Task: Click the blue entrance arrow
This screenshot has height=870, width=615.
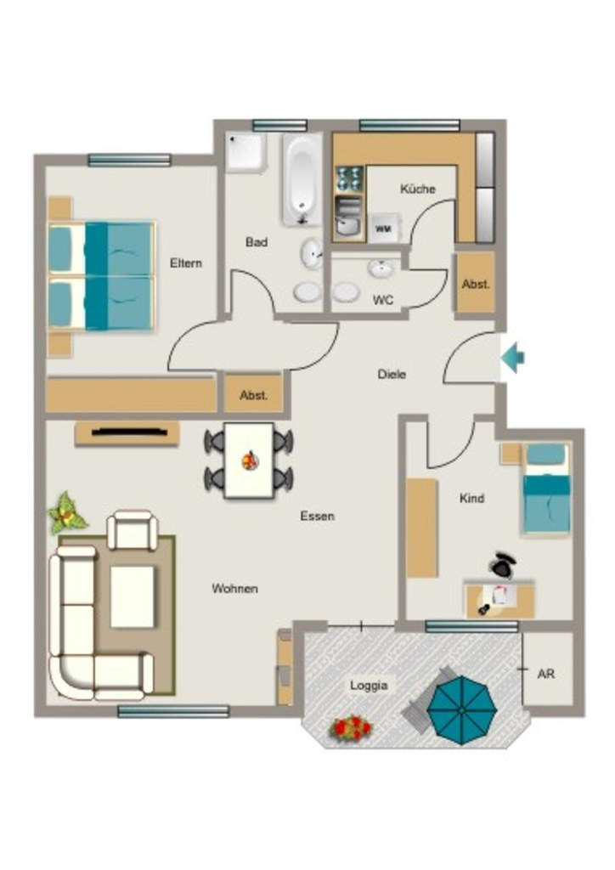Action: coord(512,358)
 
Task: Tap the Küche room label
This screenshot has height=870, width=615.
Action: coord(418,189)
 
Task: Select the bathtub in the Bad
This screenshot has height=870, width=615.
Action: coord(302,178)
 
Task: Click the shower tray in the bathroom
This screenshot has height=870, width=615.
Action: coord(246,152)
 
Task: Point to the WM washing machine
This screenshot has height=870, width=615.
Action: coord(384,228)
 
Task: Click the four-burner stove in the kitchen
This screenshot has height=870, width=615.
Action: coord(349,178)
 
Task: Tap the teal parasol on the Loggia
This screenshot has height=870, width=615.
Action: coord(461,709)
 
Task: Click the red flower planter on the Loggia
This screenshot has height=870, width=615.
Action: coord(351,727)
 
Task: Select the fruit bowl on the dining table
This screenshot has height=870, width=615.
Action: coord(251,460)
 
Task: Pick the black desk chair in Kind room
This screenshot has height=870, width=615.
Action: coord(502,565)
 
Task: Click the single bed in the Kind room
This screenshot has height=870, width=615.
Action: coord(546,489)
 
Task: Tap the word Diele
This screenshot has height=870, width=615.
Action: coord(392,374)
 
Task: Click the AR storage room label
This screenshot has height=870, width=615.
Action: coord(546,674)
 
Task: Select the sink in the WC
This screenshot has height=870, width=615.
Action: coord(381,269)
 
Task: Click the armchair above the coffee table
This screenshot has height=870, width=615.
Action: coord(132,531)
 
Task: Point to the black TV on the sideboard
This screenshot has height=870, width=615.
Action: coord(129,431)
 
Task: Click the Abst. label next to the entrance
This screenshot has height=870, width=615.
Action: coord(476,284)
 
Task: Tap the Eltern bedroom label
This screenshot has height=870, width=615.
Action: coord(186,263)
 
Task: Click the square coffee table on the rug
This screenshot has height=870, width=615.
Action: coord(132,596)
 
